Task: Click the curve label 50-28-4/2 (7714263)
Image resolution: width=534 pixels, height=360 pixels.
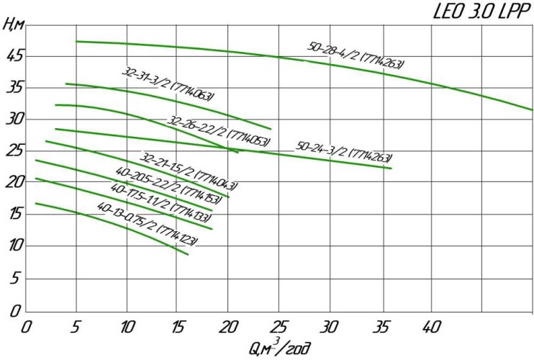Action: (x=356, y=56)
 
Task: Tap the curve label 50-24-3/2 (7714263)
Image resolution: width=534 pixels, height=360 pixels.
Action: (x=344, y=153)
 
